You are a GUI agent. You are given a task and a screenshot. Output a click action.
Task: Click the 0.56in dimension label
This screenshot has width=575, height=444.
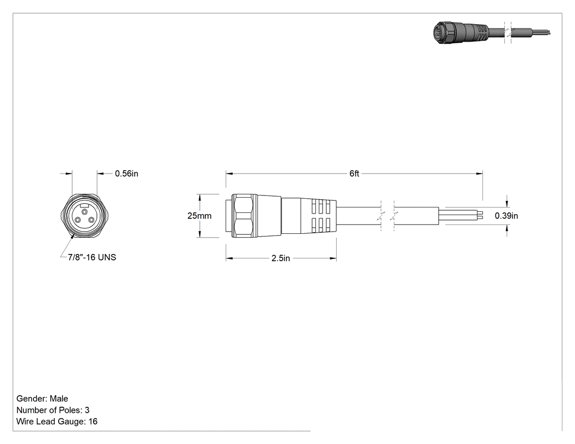[127, 174]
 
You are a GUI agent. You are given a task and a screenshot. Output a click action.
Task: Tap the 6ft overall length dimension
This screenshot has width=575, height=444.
[354, 174]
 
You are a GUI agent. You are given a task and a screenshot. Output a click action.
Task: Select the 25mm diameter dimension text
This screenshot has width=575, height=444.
[199, 216]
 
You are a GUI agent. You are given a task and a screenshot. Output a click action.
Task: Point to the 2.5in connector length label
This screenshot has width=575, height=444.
[281, 258]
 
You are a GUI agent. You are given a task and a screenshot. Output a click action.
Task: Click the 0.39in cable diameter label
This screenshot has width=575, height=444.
[507, 216]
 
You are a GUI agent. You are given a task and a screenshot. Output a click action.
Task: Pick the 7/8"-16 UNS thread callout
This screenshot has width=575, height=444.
[92, 257]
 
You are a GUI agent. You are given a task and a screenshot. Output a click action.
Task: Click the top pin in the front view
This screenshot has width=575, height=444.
[85, 212]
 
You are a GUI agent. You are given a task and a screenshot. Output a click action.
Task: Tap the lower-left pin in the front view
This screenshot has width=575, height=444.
[78, 220]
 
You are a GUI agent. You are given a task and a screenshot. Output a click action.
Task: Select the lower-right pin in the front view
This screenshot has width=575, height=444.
[90, 220]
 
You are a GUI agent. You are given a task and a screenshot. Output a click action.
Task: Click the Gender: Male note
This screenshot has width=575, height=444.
[42, 399]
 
